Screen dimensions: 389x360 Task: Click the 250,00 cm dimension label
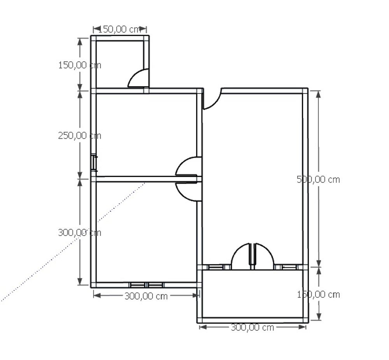(80, 136)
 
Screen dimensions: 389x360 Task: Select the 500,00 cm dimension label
(318, 180)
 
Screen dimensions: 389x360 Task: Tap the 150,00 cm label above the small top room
(120, 30)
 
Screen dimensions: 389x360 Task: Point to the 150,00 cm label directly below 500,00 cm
(318, 295)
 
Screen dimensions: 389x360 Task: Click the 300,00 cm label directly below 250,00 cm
(80, 232)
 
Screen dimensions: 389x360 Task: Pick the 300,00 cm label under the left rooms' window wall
(146, 296)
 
